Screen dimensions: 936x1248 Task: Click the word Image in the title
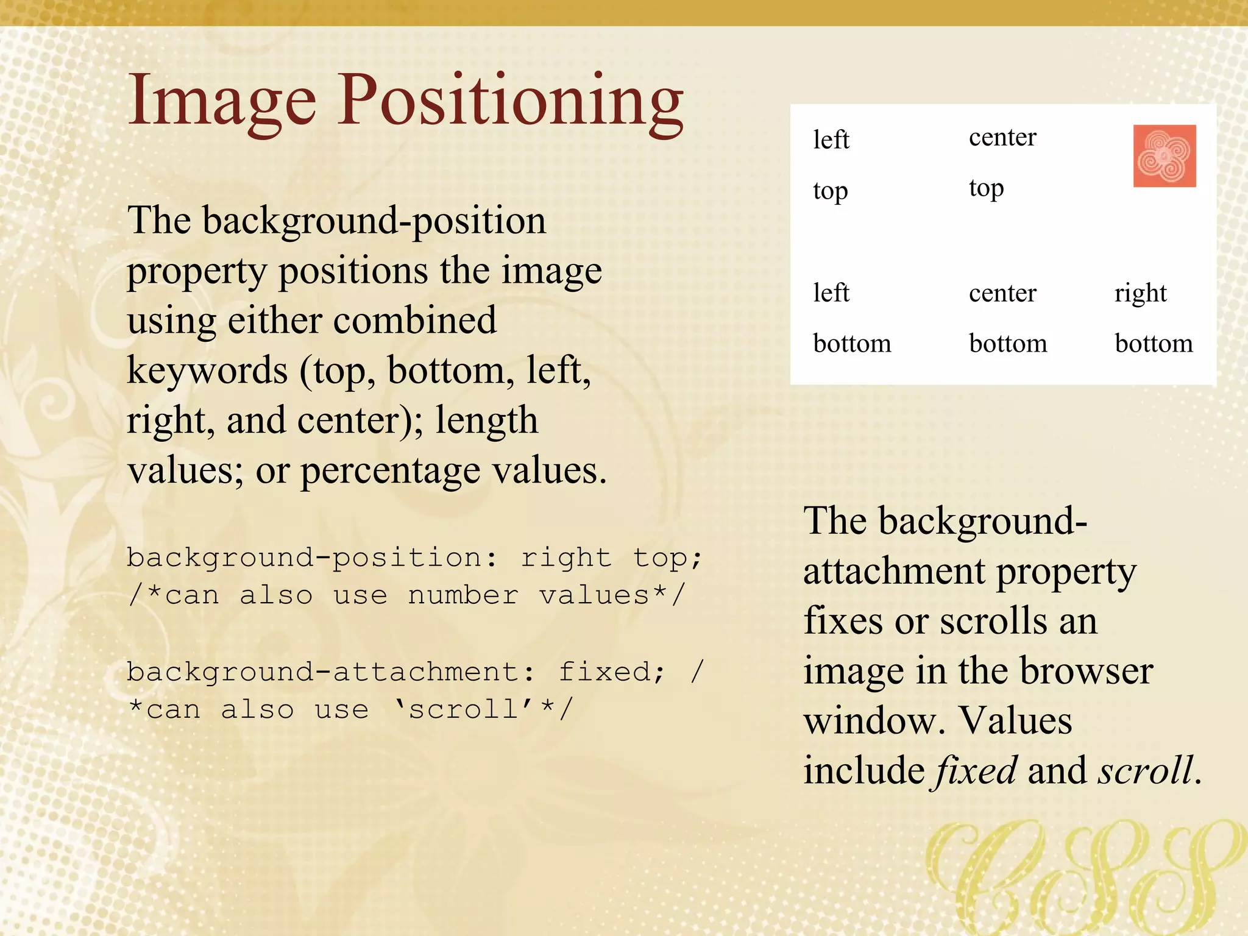click(x=222, y=101)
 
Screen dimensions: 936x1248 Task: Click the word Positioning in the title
click(x=511, y=101)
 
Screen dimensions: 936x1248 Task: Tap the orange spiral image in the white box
click(x=1164, y=156)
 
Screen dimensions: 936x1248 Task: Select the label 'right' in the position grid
click(x=1140, y=294)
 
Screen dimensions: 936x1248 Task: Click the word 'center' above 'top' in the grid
click(x=1002, y=138)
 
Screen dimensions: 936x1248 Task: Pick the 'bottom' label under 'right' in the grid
click(x=1153, y=344)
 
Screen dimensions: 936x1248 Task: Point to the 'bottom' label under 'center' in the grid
click(x=1007, y=344)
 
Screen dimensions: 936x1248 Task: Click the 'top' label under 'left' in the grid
click(x=830, y=191)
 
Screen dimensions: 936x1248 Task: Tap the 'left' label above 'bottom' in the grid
click(x=831, y=293)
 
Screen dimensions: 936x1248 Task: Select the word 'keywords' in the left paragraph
click(x=207, y=370)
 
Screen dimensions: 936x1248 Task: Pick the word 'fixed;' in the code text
click(x=611, y=672)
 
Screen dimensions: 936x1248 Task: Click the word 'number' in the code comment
click(x=463, y=595)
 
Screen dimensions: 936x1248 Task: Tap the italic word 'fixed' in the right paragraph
click(x=976, y=770)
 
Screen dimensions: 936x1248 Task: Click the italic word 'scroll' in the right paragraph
click(x=1146, y=770)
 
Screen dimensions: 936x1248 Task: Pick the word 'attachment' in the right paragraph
click(x=894, y=572)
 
